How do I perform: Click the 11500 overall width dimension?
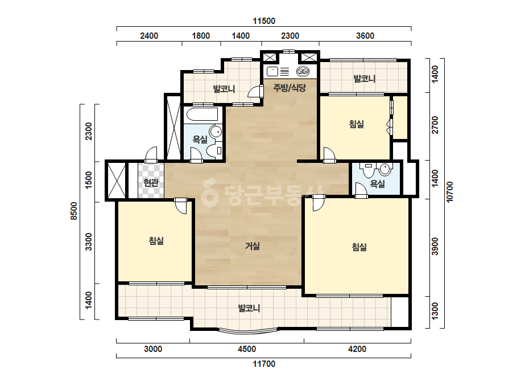pyautogui.click(x=264, y=21)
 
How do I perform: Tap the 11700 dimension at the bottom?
pyautogui.click(x=264, y=364)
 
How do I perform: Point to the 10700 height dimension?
pyautogui.click(x=449, y=191)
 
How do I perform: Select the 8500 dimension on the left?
pyautogui.click(x=74, y=211)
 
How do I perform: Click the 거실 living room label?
pyautogui.click(x=253, y=246)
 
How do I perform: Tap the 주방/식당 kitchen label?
pyautogui.click(x=290, y=88)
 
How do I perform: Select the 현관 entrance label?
pyautogui.click(x=151, y=183)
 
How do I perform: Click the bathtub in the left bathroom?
pyautogui.click(x=202, y=114)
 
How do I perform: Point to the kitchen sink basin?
pyautogui.click(x=272, y=71)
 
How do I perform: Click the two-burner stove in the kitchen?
pyautogui.click(x=303, y=71)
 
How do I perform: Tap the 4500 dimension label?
pyautogui.click(x=247, y=349)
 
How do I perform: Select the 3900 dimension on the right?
pyautogui.click(x=435, y=246)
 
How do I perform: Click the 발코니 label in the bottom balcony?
pyautogui.click(x=249, y=308)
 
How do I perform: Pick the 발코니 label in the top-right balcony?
pyautogui.click(x=365, y=79)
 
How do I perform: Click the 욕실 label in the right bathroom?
pyautogui.click(x=377, y=184)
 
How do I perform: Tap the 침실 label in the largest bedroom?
pyautogui.click(x=359, y=247)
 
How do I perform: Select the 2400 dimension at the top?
pyautogui.click(x=149, y=36)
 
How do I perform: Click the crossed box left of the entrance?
pyautogui.click(x=116, y=181)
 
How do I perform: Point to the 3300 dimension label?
pyautogui.click(x=88, y=242)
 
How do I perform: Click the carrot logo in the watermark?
pyautogui.click(x=209, y=191)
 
